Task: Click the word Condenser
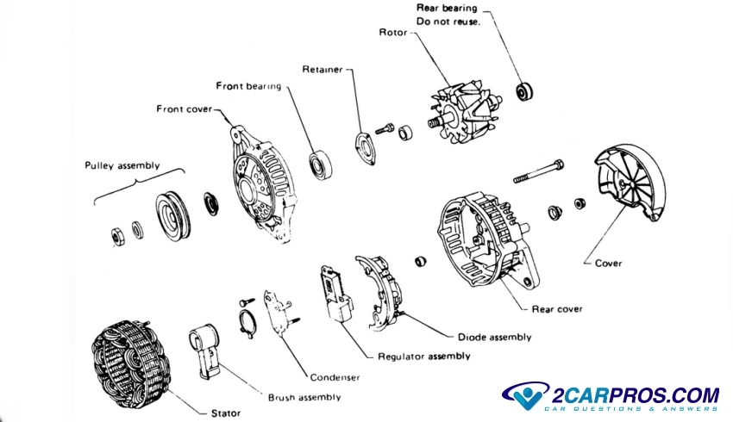[334, 377]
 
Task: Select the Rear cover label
[557, 308]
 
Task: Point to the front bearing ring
[323, 162]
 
